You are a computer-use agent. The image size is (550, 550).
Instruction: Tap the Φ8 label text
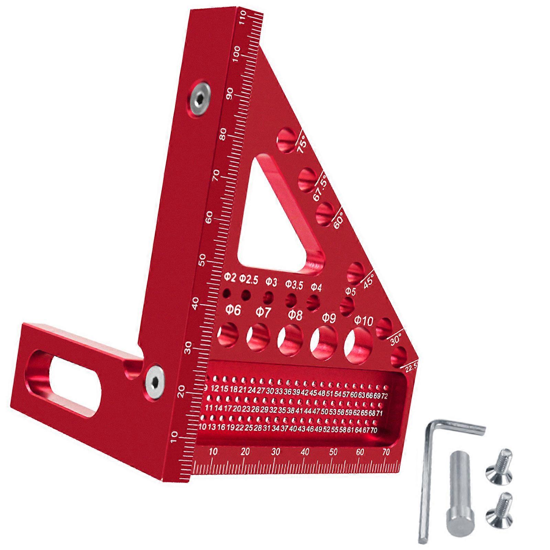pos(295,315)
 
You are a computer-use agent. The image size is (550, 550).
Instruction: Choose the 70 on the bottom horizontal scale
pos(386,452)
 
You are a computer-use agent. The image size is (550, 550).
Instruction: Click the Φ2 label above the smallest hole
pos(230,277)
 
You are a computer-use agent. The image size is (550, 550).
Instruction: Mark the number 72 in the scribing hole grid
pos(384,396)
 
